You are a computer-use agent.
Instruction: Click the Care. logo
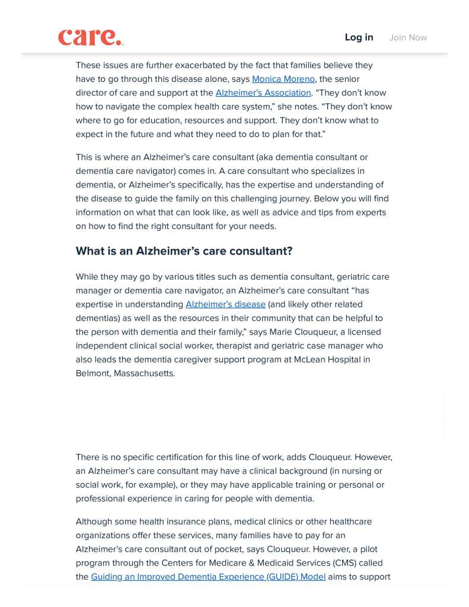(91, 37)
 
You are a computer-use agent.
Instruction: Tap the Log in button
(359, 37)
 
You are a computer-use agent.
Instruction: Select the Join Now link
(408, 37)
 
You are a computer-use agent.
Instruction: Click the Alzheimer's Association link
(263, 93)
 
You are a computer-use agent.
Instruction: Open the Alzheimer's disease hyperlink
(225, 304)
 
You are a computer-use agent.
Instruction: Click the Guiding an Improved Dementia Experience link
(208, 577)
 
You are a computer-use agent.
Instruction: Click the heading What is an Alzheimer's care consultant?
(184, 251)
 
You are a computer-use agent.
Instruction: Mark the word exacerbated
(199, 65)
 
